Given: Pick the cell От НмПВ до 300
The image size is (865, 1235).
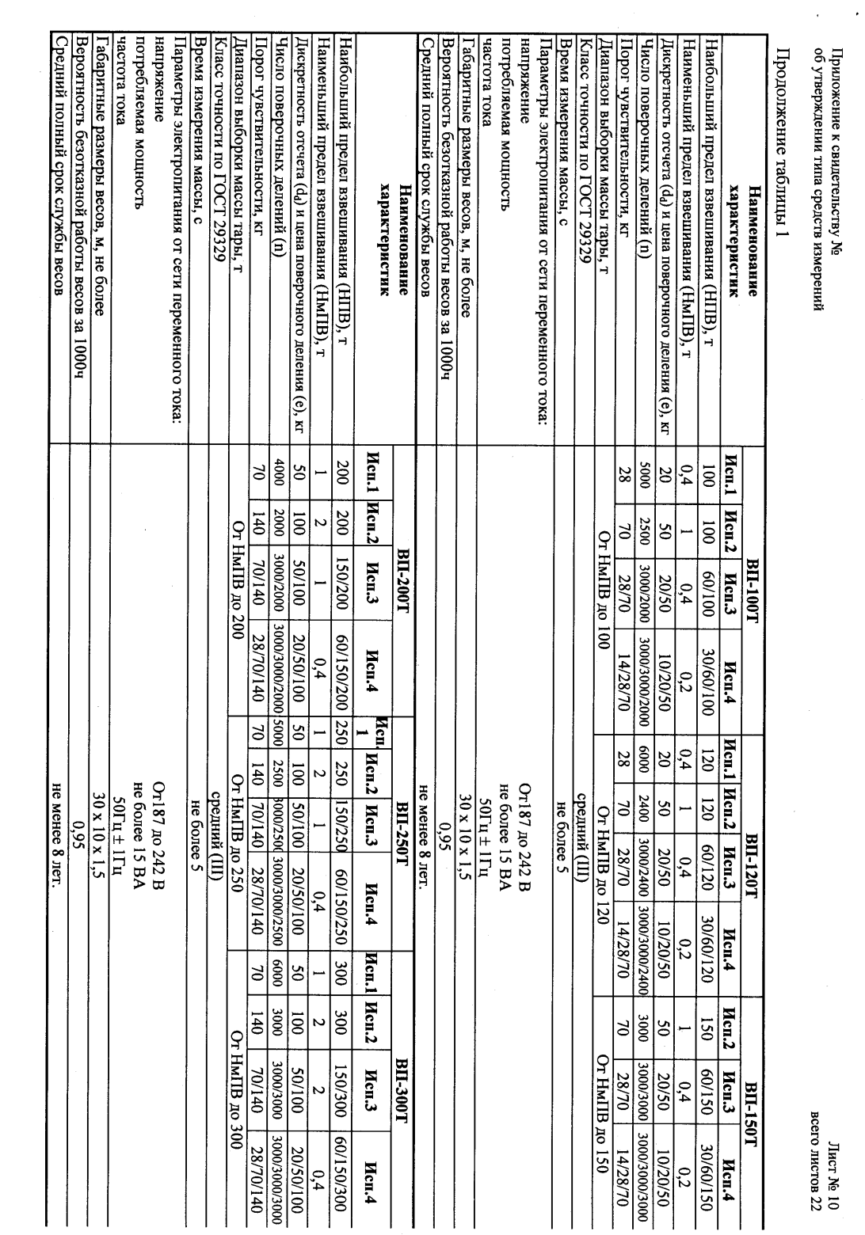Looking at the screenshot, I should [234, 1073].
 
